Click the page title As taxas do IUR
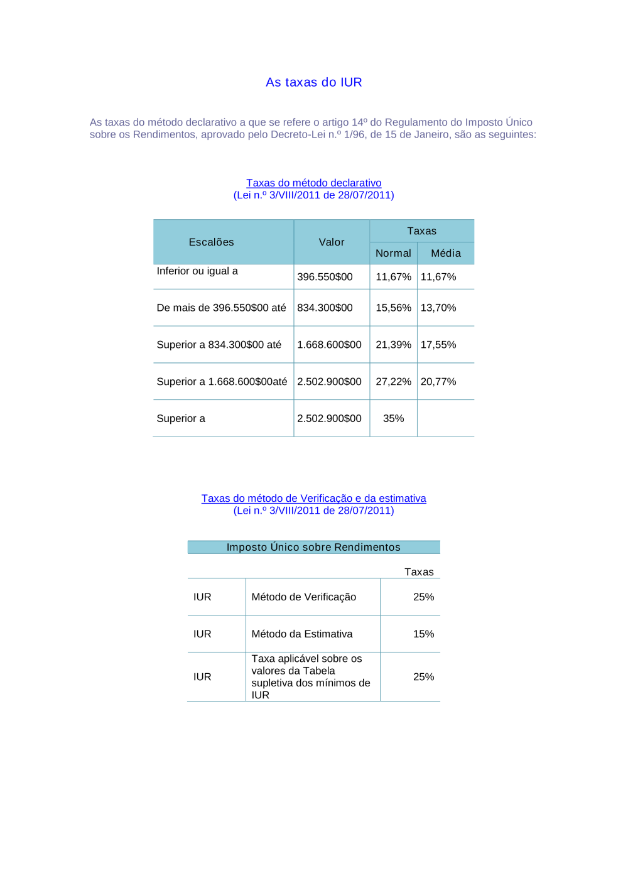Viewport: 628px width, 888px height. click(x=313, y=82)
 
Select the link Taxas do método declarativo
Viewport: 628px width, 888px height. click(x=313, y=183)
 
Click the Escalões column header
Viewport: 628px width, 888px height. click(x=211, y=242)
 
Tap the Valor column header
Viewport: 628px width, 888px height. click(x=332, y=242)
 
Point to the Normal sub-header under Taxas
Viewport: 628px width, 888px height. click(x=393, y=253)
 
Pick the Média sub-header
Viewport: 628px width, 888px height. click(x=446, y=253)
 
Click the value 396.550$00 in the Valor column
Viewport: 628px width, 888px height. click(x=325, y=277)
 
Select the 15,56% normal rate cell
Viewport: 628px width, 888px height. click(x=393, y=308)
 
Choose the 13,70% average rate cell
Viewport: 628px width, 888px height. click(x=438, y=308)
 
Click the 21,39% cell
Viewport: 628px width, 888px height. click(x=393, y=345)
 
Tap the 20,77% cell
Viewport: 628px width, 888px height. click(x=438, y=382)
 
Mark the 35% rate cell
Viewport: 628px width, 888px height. click(x=393, y=419)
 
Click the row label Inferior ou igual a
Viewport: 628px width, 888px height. click(x=197, y=271)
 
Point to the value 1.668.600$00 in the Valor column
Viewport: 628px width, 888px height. click(x=329, y=345)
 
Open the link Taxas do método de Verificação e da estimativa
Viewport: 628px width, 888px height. click(x=313, y=499)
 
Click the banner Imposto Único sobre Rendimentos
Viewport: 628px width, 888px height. click(x=313, y=548)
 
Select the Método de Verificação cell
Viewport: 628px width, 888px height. click(x=304, y=597)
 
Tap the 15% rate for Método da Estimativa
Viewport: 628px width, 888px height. click(x=423, y=634)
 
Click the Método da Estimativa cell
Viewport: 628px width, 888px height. click(x=302, y=634)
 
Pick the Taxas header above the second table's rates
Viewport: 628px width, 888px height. click(x=419, y=572)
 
